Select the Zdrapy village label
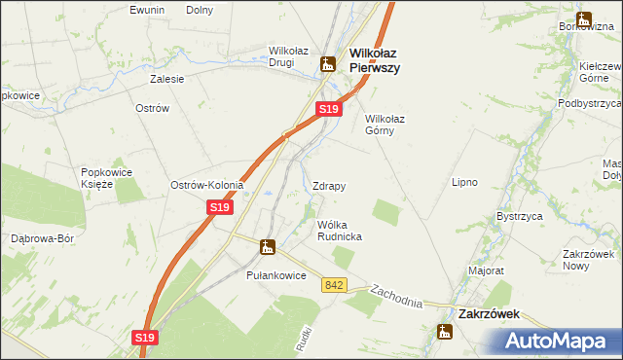(329, 185)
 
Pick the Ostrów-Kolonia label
(206, 185)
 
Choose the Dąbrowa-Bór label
(42, 237)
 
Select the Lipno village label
(464, 182)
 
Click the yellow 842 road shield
(336, 284)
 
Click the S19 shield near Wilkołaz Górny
(329, 110)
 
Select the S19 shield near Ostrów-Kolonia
(219, 207)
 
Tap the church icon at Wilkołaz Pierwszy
(328, 64)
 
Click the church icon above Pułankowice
(266, 247)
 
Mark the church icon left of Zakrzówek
(445, 333)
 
